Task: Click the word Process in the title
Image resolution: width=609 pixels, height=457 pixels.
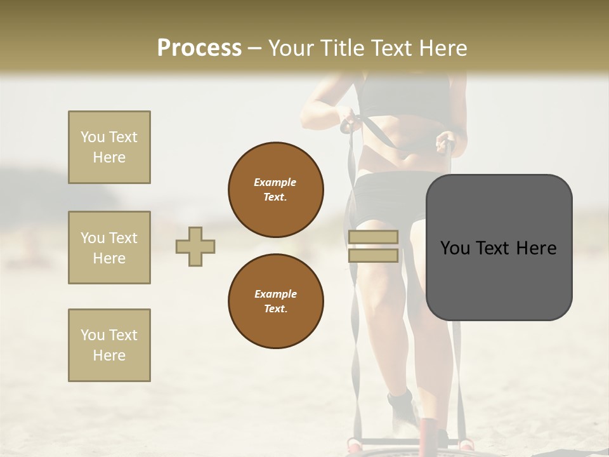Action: (199, 48)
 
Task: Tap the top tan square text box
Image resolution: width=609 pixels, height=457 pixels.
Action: (109, 147)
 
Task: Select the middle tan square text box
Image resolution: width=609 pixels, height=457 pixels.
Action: (109, 248)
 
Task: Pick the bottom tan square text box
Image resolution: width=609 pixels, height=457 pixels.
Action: (109, 345)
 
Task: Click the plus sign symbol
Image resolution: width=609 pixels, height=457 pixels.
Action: (195, 246)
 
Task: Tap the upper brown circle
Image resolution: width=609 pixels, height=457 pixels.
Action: (276, 190)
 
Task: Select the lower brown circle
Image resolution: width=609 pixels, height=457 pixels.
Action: (276, 301)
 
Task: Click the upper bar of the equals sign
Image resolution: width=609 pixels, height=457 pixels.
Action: (373, 237)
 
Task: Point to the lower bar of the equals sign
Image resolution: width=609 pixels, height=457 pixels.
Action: (373, 256)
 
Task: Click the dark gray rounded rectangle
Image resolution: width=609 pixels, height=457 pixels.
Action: (499, 279)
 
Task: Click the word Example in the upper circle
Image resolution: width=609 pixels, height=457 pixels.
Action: (275, 182)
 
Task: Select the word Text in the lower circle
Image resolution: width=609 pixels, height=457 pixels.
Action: (275, 309)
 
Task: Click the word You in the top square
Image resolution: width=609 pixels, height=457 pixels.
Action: (91, 137)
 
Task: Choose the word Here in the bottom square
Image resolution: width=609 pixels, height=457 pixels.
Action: (109, 355)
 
